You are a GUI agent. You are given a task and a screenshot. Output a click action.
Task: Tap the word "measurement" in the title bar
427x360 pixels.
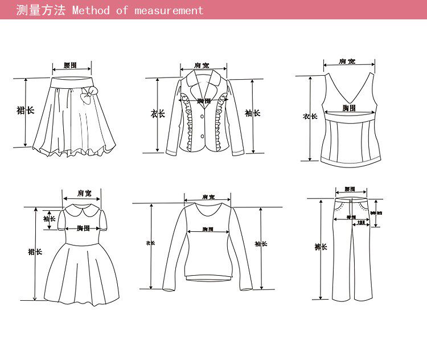169,10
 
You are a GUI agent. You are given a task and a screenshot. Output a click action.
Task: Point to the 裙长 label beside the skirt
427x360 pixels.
25,110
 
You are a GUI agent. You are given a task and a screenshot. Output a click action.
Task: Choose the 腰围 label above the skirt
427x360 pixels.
71,66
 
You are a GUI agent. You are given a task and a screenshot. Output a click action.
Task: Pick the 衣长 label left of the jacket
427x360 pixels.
158,114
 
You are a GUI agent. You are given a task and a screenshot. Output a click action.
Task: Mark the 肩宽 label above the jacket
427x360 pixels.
202,66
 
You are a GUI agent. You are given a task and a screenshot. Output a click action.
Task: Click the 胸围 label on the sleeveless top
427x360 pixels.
349,108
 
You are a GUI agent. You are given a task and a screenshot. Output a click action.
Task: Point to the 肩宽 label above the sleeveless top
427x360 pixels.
346,61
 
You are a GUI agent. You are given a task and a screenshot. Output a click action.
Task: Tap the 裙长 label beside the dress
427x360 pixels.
35,251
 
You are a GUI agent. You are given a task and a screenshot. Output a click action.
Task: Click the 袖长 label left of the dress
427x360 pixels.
50,219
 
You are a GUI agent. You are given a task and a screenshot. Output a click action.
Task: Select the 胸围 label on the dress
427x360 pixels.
84,228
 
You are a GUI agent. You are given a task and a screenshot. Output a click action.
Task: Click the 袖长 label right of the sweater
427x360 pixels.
261,244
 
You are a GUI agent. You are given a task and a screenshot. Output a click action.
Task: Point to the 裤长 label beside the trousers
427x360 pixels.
321,247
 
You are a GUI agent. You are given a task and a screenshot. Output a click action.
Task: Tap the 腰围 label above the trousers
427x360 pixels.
350,189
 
